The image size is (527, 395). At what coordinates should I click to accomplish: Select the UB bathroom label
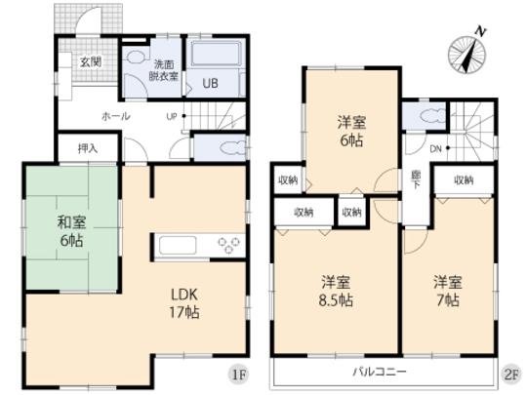click(x=210, y=83)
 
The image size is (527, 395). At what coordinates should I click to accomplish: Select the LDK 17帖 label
click(x=186, y=302)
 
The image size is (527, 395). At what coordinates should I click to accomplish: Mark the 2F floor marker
click(x=509, y=373)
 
